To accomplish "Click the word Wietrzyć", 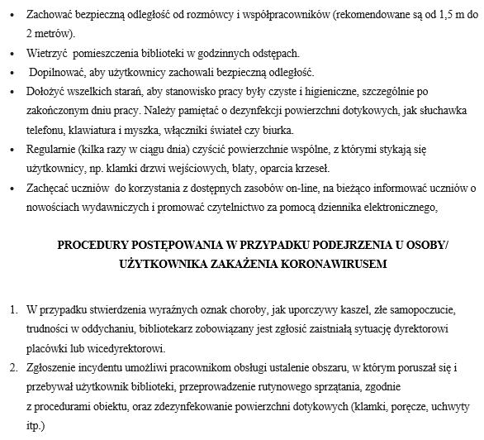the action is coord(49,53).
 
